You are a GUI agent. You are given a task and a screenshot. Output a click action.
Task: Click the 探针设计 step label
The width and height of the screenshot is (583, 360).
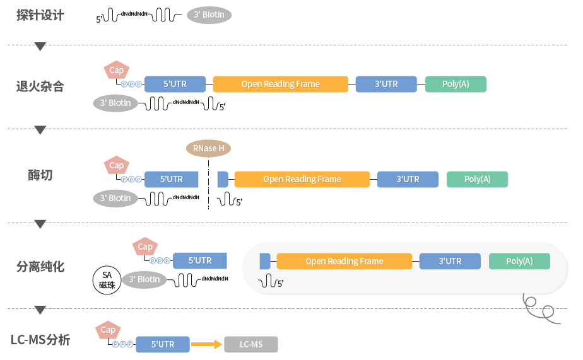point(40,15)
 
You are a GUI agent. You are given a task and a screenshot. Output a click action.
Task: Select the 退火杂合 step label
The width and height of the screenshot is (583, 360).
point(40,86)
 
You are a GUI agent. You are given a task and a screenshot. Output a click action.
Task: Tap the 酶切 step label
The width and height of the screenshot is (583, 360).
point(40,175)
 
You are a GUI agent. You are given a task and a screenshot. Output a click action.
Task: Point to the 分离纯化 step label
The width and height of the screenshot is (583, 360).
point(40,267)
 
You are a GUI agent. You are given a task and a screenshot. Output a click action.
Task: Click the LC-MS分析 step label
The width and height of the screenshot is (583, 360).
point(40,340)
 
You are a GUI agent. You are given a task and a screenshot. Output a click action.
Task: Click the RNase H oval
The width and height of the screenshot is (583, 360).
point(208,149)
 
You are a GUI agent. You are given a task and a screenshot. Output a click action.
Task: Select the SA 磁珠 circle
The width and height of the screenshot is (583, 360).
point(107,281)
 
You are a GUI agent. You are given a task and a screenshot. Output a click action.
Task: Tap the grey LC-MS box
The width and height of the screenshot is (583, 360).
point(251,344)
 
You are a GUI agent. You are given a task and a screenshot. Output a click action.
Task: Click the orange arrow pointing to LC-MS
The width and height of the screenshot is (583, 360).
point(207,344)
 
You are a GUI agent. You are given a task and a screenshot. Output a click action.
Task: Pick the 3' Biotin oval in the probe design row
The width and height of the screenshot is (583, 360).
point(209,15)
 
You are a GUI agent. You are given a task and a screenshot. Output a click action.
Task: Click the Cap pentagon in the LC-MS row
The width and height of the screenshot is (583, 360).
point(108,330)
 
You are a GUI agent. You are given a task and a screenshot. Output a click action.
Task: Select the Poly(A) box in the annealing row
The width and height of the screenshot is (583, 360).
point(456,84)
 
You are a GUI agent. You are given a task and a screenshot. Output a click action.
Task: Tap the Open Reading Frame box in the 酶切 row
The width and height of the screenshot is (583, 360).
point(302,180)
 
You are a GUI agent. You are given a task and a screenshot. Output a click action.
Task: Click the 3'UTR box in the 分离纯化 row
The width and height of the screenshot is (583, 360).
point(450,261)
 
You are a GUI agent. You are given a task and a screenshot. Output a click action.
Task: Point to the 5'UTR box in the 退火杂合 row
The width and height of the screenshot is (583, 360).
point(175,84)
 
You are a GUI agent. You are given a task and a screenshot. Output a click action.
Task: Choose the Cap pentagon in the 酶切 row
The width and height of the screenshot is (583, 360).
point(116,165)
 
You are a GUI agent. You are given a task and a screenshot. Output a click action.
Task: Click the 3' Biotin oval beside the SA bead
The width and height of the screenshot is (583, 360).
point(144,280)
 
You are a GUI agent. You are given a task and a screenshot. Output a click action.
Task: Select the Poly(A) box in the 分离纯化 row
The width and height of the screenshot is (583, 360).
point(519,261)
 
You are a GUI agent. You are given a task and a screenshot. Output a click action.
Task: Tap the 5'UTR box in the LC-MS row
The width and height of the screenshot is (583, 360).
point(163,344)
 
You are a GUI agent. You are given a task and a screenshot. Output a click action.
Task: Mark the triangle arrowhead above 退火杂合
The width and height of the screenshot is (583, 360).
point(40,47)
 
